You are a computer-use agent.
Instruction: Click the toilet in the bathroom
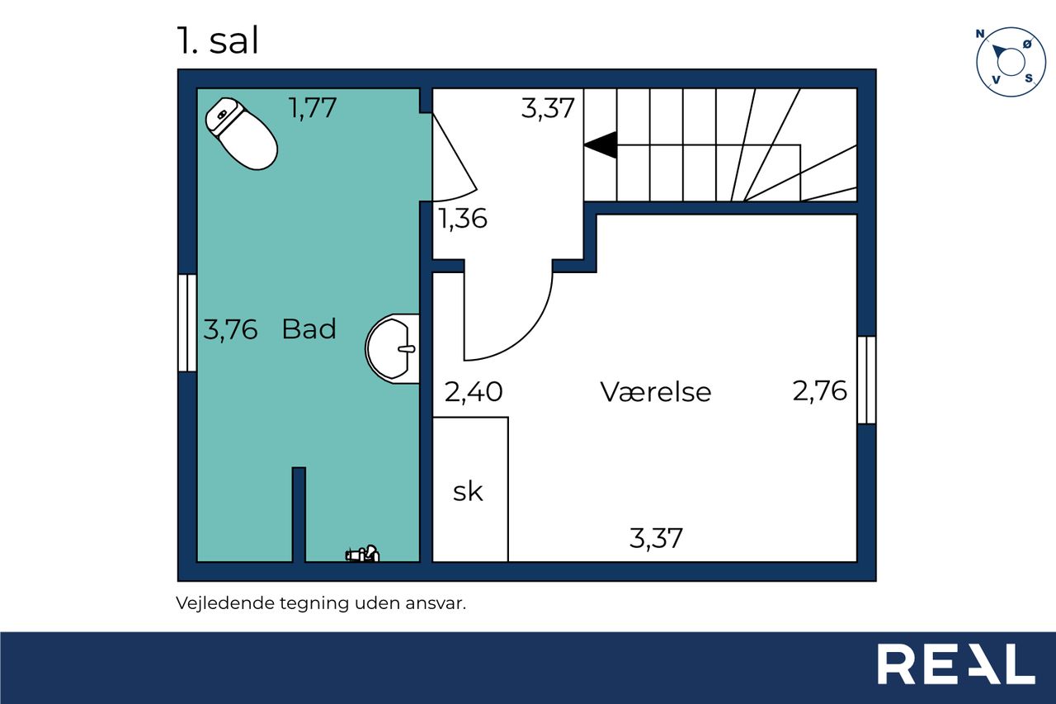241,133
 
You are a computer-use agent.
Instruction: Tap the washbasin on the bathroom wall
392,348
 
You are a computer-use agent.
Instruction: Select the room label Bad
309,328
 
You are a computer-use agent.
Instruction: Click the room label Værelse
655,391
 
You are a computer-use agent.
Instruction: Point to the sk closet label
468,492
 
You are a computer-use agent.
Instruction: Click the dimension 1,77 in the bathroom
312,107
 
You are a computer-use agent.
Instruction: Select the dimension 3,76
230,329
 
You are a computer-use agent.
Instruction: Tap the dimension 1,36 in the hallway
463,219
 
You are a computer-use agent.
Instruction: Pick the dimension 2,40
474,392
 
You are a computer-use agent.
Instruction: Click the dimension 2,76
819,391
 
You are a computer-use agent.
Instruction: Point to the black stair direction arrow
600,144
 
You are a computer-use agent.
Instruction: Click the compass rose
1011,62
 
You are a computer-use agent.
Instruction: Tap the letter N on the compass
980,34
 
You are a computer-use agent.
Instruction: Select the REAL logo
955,664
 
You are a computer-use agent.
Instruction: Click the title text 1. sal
218,40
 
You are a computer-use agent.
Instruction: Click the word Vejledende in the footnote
225,603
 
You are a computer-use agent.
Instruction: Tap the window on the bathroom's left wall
187,323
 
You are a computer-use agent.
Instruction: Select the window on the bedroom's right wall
866,380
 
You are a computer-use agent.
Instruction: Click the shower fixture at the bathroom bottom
362,553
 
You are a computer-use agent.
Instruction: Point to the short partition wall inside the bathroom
299,514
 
